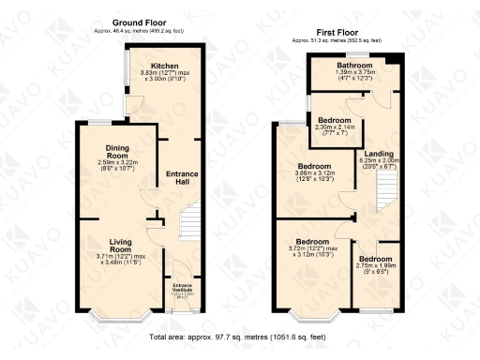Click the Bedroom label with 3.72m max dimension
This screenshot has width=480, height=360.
coord(313,241)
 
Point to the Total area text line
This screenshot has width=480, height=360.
coord(240,333)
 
